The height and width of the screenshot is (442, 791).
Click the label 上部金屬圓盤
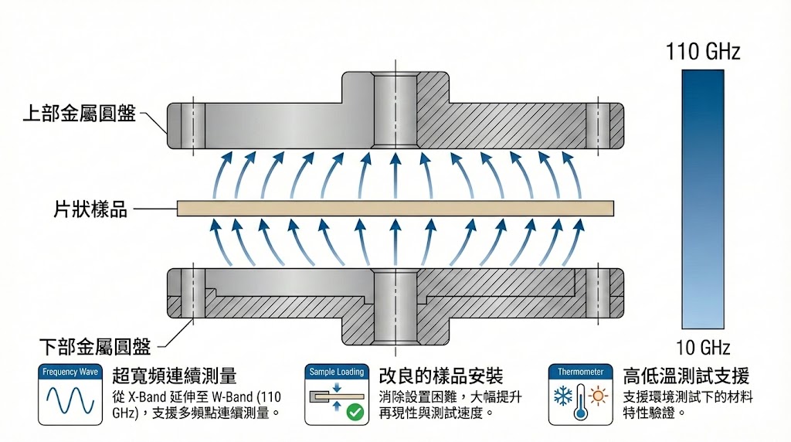(79, 114)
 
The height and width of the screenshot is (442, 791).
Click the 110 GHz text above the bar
(703, 52)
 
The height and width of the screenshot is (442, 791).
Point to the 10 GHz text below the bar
(703, 347)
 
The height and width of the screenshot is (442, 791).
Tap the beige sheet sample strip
(395, 208)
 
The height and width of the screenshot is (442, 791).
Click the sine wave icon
(70, 401)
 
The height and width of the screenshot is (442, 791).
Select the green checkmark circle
(355, 411)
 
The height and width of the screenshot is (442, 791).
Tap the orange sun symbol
(597, 397)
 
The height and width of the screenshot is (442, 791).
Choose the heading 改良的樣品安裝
(441, 376)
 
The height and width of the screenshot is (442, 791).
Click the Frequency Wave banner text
(70, 372)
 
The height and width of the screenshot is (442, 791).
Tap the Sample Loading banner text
(336, 372)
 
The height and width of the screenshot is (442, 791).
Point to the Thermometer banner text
(580, 372)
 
